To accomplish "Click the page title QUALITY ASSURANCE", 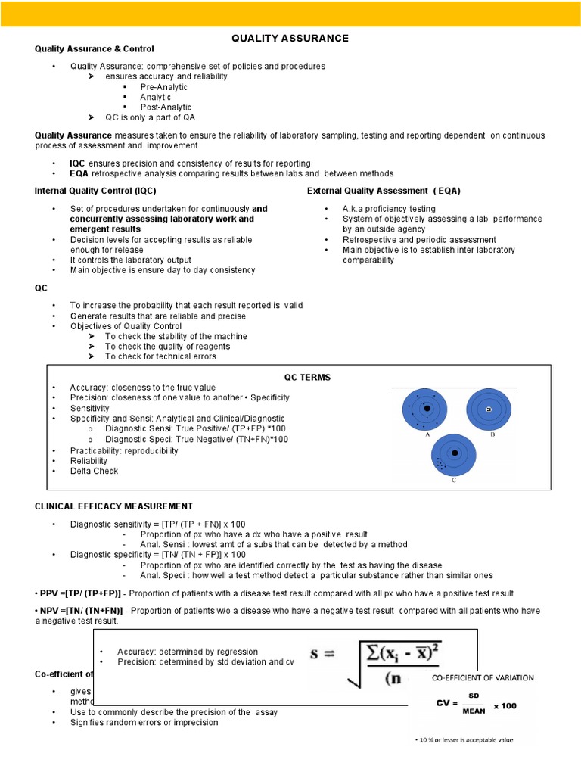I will point(290,38).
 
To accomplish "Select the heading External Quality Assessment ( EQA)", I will point(384,191).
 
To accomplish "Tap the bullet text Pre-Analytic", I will point(163,87).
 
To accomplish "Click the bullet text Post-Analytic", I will point(166,107).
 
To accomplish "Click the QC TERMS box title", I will point(307,377).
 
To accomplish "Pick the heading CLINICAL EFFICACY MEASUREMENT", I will point(113,506).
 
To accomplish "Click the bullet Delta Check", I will point(94,471).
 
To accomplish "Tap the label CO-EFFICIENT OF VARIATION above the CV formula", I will point(483,677).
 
